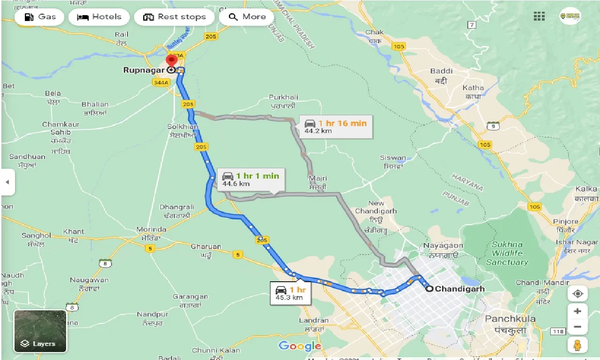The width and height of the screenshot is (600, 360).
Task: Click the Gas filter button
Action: (40, 17)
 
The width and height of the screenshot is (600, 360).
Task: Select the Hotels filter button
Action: (99, 17)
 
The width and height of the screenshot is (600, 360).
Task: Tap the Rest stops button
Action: (174, 17)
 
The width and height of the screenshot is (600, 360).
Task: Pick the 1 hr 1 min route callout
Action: (251, 179)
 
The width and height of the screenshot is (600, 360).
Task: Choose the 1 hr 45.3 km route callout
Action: (291, 293)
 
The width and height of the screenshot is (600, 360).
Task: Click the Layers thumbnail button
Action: (40, 331)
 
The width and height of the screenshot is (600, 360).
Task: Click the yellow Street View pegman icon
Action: (577, 345)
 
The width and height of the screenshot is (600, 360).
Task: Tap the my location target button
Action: (577, 293)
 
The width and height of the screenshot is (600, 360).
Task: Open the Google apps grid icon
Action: (539, 16)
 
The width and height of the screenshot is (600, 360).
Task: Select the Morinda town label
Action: (151, 229)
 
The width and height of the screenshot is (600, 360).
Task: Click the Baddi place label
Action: (441, 71)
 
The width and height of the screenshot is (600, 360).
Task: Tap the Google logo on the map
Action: (300, 346)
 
